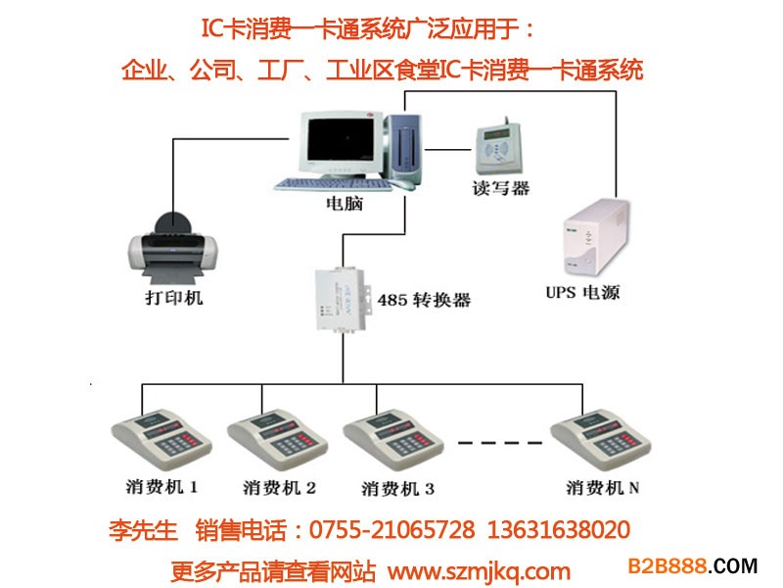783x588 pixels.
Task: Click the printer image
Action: [173, 249]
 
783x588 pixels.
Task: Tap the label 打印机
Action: [174, 298]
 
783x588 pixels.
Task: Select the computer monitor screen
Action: [341, 139]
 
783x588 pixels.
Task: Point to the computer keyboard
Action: [333, 185]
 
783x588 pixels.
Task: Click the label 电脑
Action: [345, 204]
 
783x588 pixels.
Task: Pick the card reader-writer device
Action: [498, 147]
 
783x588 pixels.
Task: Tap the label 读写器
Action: [500, 188]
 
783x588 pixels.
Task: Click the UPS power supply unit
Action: [596, 238]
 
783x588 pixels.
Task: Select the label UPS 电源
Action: [582, 292]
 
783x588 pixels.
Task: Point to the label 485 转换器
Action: [424, 300]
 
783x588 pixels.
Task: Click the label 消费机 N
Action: [602, 487]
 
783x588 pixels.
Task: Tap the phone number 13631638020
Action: [558, 530]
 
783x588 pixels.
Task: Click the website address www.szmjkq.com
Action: [479, 571]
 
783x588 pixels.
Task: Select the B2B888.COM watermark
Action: [693, 566]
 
